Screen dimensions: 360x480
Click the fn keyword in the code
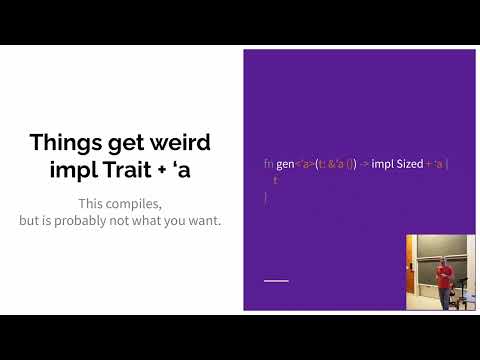[268, 163]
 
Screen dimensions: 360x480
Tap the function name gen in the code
[285, 163]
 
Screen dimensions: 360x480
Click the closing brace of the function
[265, 197]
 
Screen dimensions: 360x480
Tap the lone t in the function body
[275, 180]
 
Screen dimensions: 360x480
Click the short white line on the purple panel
[275, 281]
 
